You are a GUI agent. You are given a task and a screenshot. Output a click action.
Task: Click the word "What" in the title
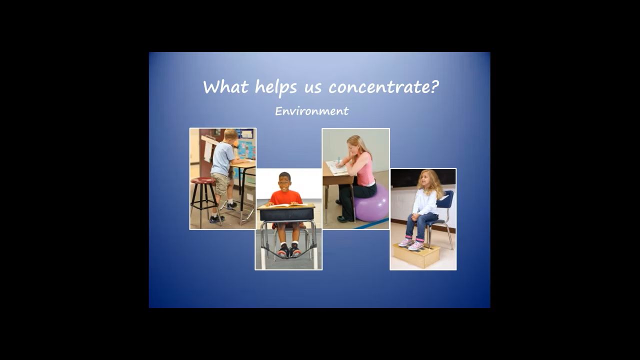coord(225,86)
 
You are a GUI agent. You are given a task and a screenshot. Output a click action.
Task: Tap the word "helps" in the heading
coord(276,87)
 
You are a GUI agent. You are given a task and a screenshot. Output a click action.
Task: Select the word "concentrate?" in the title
coord(383,86)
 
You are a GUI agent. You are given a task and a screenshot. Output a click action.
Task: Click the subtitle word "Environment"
coord(311,111)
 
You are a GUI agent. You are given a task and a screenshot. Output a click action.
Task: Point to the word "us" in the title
coord(313,88)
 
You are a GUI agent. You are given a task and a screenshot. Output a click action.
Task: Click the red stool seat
coord(203,180)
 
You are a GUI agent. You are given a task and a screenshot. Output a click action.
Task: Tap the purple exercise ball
coord(371,203)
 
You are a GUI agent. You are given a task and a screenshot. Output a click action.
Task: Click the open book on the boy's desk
coord(287,205)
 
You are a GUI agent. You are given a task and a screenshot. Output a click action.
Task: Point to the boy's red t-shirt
coord(285,197)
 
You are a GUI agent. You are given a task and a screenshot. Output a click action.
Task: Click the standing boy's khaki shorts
coord(220,183)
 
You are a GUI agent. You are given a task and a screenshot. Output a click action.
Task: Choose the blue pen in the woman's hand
coord(339,160)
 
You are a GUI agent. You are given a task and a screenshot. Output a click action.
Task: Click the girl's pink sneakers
coord(411,243)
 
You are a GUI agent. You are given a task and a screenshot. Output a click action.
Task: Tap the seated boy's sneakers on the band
coord(289,251)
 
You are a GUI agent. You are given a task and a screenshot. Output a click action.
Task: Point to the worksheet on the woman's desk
coord(337,167)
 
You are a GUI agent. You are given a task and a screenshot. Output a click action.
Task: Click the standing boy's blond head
coord(230,135)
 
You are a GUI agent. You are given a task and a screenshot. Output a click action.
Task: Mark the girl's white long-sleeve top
coord(425,201)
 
